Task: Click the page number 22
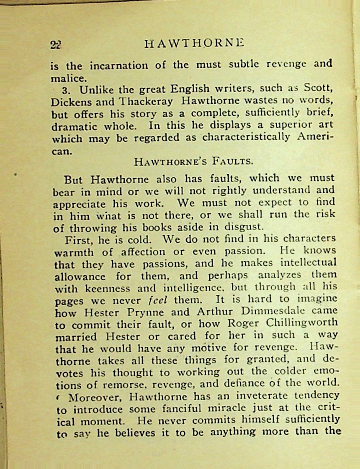56,45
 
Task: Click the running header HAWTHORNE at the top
194,43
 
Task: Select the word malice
64,77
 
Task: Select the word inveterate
246,396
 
